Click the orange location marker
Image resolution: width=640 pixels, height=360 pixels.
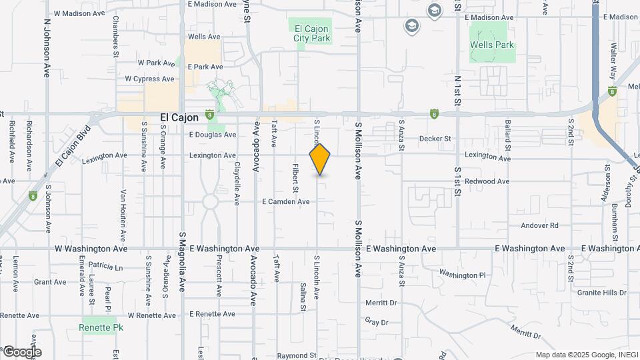click(x=320, y=159)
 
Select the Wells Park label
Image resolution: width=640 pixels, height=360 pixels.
click(x=492, y=45)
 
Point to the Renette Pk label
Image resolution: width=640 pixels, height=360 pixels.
click(x=97, y=327)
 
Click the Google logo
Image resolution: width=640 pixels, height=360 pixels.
click(x=21, y=352)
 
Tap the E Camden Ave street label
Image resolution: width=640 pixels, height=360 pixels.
click(x=285, y=201)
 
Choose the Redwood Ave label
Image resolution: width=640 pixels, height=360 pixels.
click(x=487, y=181)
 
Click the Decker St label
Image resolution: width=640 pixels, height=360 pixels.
click(x=435, y=139)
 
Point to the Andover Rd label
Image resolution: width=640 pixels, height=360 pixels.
click(x=539, y=225)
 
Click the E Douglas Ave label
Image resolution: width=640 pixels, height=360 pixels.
click(x=212, y=135)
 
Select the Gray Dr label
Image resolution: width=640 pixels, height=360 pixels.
click(x=376, y=322)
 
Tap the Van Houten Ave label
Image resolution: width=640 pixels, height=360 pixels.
click(x=123, y=215)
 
